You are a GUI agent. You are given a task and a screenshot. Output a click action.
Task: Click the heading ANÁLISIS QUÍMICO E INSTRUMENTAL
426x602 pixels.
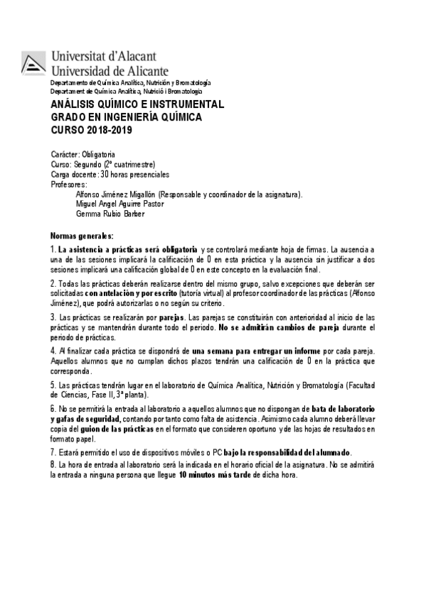[x=137, y=104]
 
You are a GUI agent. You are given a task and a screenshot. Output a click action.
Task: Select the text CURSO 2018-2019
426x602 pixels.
[x=91, y=130]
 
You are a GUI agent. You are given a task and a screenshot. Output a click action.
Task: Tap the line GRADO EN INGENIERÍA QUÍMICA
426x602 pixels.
[x=126, y=117]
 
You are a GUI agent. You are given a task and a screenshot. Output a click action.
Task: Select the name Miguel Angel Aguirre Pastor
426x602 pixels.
[x=119, y=204]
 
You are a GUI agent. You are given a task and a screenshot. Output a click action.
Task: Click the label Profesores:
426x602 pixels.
[x=69, y=184]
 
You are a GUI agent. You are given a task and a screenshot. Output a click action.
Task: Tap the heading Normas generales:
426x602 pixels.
[x=82, y=236]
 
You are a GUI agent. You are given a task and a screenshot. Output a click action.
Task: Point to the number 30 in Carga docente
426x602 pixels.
[x=105, y=175]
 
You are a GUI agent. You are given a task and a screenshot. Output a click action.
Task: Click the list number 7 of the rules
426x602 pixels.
[x=53, y=453]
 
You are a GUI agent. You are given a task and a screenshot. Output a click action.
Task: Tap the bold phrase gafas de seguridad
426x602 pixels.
[x=82, y=420]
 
